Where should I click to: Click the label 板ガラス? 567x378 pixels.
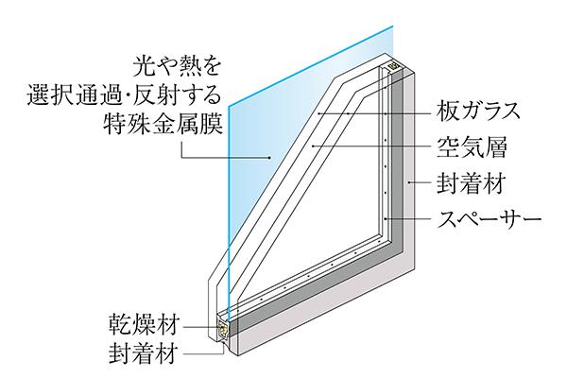click(x=478, y=111)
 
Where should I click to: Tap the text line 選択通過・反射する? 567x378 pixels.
click(x=151, y=94)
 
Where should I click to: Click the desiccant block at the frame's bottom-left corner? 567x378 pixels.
click(x=224, y=330)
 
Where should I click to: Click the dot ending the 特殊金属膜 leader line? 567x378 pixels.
click(x=271, y=156)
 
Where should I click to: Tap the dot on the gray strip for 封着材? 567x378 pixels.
click(x=408, y=183)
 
